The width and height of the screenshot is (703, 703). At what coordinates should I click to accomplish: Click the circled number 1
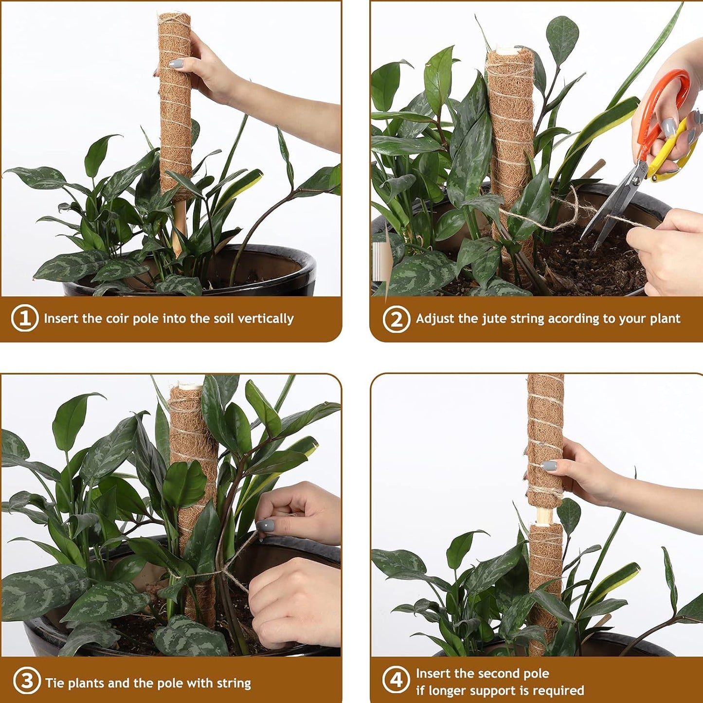tap(25, 319)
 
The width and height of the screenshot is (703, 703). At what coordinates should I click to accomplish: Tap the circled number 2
tap(397, 319)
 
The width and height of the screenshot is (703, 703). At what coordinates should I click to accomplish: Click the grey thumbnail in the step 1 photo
tap(176, 64)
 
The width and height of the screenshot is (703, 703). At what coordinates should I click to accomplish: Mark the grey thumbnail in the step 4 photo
tap(549, 466)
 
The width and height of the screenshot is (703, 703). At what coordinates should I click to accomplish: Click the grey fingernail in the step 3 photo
tap(265, 526)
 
